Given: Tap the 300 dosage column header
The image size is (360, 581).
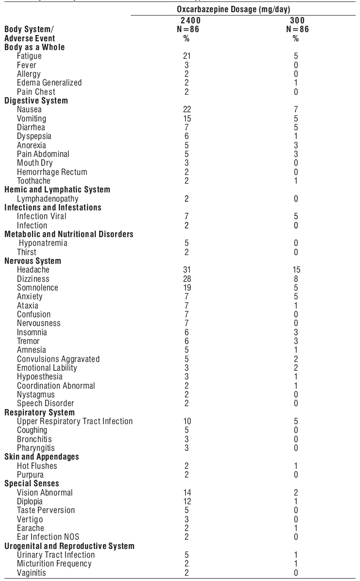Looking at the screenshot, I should pos(296,22).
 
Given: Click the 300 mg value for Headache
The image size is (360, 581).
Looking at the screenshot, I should pos(296,270).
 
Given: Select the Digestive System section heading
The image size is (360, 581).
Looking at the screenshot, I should pos(36,101).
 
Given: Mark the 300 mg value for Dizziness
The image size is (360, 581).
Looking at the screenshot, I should pos(296,279).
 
